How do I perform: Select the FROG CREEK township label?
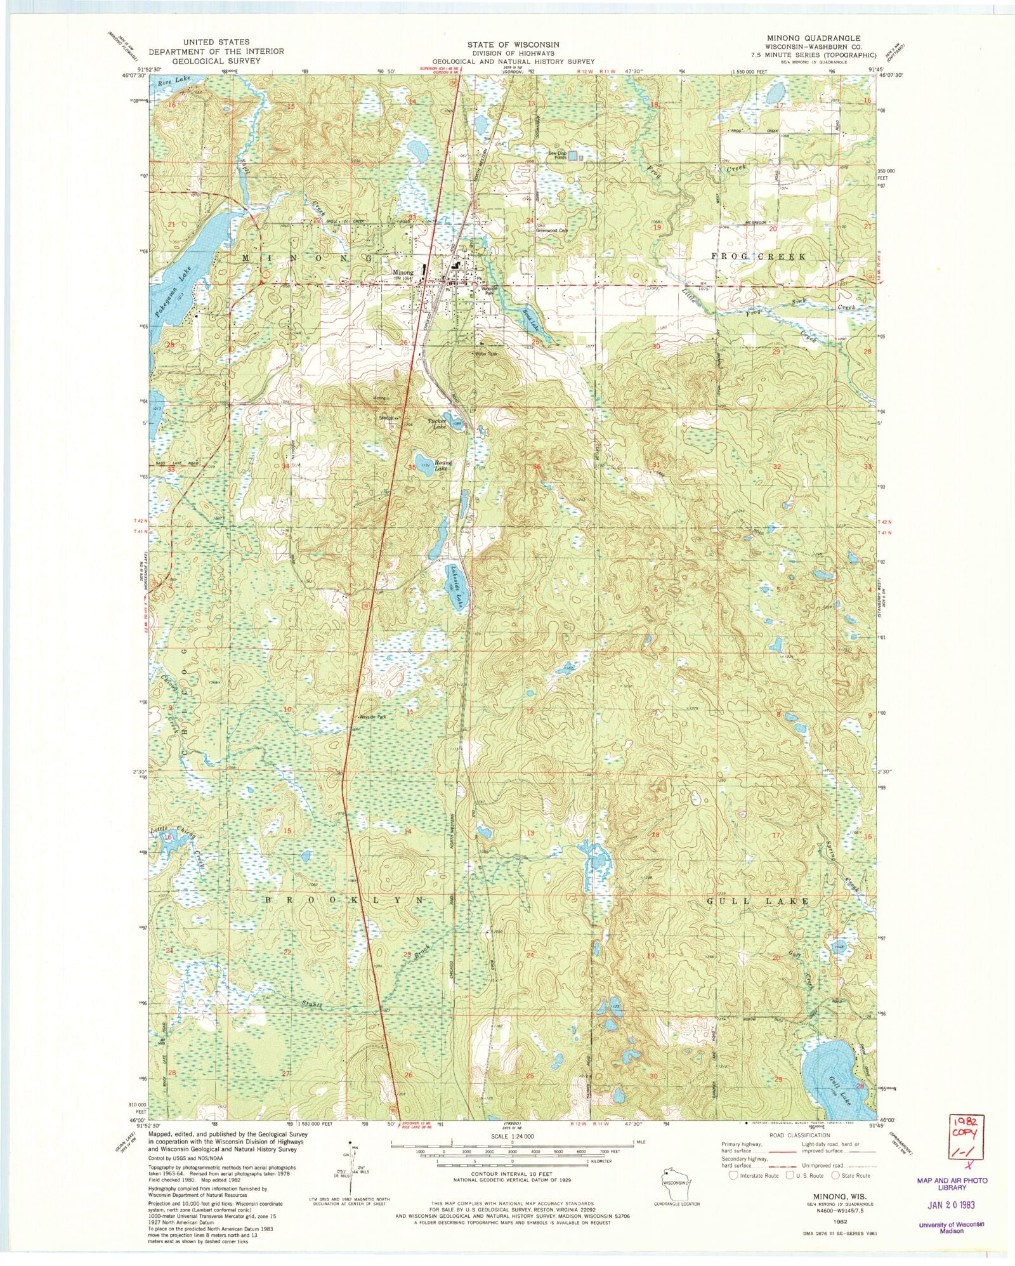[x=757, y=257]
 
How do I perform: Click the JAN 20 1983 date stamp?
[x=951, y=1204]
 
